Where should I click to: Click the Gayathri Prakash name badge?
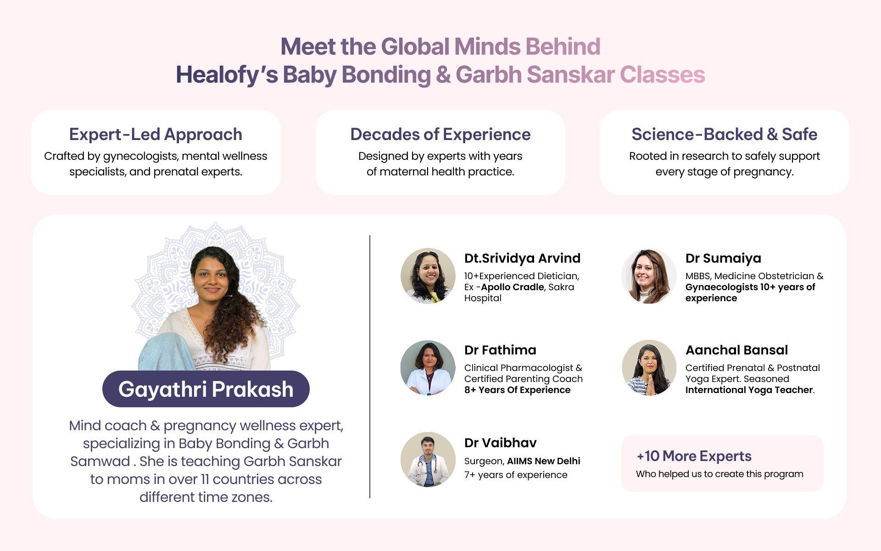(206, 389)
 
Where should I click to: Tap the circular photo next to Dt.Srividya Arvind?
(428, 276)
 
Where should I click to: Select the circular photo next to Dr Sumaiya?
(649, 276)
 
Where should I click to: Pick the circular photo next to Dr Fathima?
(428, 368)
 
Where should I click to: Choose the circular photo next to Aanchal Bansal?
(649, 368)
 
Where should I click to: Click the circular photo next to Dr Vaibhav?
(428, 460)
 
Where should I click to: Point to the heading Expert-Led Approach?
(156, 134)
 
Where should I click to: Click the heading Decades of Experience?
(440, 134)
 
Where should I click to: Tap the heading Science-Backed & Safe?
(725, 134)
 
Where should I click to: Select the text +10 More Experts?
(694, 456)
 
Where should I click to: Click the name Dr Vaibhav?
(500, 443)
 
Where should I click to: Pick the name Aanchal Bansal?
(736, 350)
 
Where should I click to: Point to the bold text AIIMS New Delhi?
(544, 461)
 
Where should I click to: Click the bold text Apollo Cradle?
(513, 287)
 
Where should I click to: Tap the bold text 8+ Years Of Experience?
(517, 390)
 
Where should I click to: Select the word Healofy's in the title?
(227, 75)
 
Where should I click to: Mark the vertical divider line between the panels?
(370, 366)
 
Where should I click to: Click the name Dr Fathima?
(500, 350)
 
